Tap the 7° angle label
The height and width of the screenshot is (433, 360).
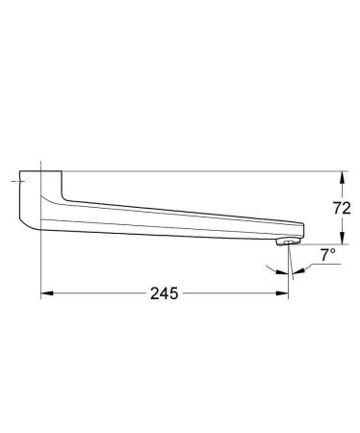327,257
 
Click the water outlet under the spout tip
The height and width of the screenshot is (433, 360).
282,245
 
